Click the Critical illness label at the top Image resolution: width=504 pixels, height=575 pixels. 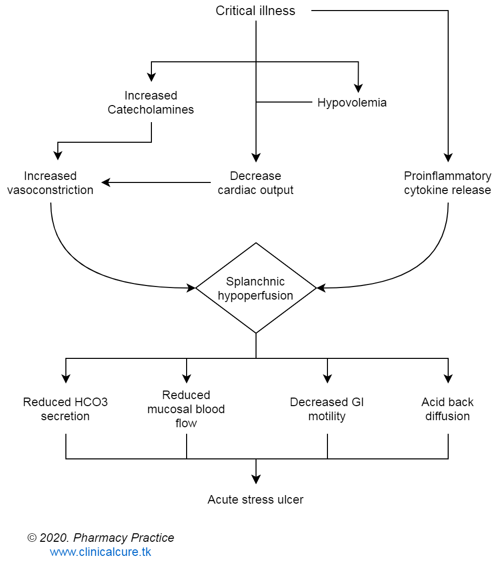[256, 11]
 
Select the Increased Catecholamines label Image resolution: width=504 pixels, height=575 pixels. [151, 103]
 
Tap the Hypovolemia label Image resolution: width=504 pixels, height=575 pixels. [352, 103]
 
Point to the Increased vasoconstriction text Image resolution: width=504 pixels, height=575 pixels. [50, 183]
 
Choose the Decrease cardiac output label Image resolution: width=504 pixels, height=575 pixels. [256, 183]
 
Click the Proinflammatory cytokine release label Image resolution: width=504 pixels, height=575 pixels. [448, 183]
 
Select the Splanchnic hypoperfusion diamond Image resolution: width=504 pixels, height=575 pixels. [256, 288]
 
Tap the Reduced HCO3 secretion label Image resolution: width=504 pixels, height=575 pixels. [65, 409]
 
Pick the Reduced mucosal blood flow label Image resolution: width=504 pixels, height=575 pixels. [186, 409]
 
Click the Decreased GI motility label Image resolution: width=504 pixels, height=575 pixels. [327, 409]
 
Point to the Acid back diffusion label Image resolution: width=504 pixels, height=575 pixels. [448, 409]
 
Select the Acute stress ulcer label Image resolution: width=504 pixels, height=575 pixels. [256, 500]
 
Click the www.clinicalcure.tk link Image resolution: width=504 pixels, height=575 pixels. [101, 552]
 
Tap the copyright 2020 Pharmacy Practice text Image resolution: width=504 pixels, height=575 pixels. [101, 538]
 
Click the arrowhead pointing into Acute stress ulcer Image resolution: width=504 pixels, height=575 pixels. [256, 479]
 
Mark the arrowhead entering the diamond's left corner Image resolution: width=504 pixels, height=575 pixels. [191, 288]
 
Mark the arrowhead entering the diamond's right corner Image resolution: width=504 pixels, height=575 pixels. [321, 288]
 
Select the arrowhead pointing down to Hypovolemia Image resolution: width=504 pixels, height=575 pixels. [358, 88]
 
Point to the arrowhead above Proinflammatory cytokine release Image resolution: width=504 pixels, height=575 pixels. [448, 157]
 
